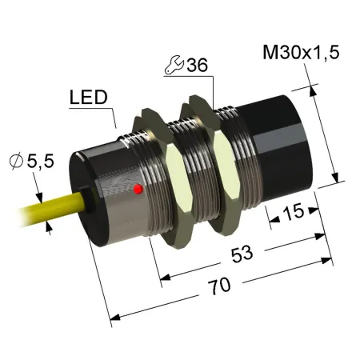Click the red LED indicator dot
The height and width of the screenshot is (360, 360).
coord(138,189)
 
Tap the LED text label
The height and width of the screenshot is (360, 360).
coord(89,98)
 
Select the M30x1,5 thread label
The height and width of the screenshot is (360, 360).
coord(301,52)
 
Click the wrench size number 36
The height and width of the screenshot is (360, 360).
coord(197,65)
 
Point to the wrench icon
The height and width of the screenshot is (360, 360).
coord(174,65)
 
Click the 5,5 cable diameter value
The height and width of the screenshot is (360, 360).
coord(41,161)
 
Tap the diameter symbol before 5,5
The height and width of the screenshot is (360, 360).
coord(16,161)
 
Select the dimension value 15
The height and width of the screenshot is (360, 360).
coord(293,211)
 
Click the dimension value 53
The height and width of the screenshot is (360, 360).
coord(242,254)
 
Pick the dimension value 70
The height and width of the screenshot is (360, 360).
coord(219,286)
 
